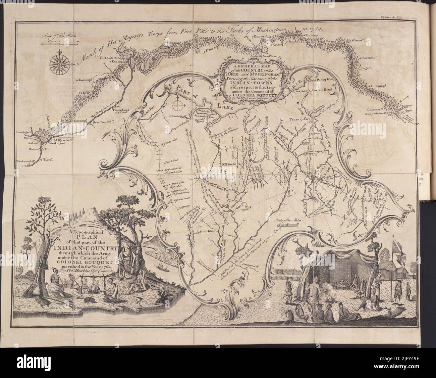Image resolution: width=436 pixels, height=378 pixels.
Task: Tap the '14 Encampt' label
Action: (x=84, y=80)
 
